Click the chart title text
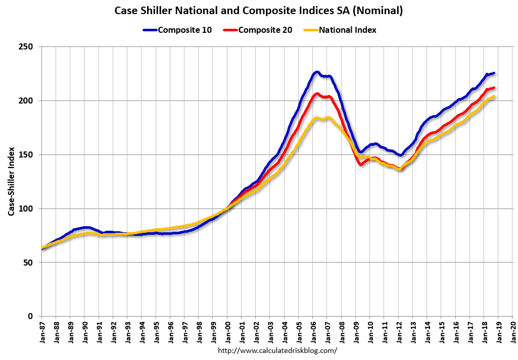(259, 11)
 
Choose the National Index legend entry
(340, 30)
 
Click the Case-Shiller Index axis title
(11, 182)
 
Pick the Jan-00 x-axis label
(227, 332)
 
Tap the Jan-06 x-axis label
(313, 332)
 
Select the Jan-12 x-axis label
(399, 332)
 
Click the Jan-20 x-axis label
(513, 332)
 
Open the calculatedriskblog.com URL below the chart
(277, 350)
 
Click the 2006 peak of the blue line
(317, 72)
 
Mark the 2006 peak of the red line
(317, 93)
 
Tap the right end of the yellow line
(493, 96)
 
